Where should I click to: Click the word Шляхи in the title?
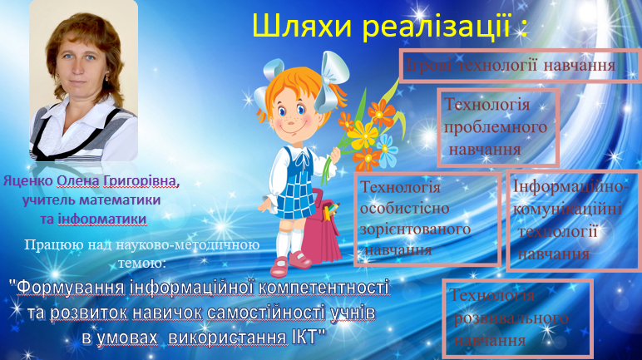click(301, 27)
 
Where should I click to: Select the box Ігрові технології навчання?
click(520, 66)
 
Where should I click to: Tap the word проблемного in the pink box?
click(496, 128)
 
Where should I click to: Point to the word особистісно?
click(399, 208)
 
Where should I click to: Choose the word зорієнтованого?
click(415, 229)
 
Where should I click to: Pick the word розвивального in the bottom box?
click(511, 318)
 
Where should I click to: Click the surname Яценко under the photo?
click(27, 181)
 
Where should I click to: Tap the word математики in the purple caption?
click(120, 200)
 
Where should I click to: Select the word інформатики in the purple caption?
click(102, 219)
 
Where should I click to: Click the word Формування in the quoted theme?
click(70, 288)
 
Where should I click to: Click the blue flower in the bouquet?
click(387, 150)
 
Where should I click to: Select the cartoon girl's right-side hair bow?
click(333, 82)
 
